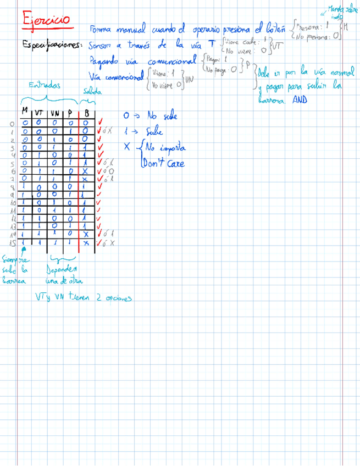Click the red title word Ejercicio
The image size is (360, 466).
[46, 20]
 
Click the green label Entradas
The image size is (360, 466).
[46, 86]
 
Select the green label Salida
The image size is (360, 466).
[92, 92]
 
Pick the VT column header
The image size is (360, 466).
[40, 113]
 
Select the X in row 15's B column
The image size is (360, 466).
[86, 242]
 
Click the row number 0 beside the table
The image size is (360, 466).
[12, 124]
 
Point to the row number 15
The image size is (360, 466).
[12, 242]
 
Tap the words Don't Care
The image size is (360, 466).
[163, 163]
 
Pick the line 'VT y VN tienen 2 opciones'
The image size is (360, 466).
[83, 297]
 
